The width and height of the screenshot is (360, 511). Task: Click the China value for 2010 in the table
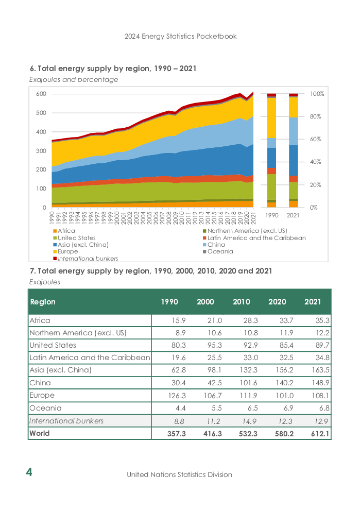[249, 383]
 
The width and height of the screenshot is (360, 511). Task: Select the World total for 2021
[320, 434]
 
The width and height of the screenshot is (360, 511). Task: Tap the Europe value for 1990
[177, 396]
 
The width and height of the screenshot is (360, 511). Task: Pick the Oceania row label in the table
[46, 408]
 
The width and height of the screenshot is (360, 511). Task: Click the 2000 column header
[205, 302]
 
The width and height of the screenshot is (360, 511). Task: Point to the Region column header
[43, 302]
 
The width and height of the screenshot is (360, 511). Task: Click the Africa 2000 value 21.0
[214, 321]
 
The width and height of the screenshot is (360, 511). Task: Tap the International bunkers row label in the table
[66, 421]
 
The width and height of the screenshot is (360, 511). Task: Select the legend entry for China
[214, 245]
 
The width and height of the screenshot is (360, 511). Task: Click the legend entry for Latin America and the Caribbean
[254, 238]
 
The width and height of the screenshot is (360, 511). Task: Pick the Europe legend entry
[65, 251]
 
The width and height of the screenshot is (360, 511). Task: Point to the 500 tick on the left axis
[41, 113]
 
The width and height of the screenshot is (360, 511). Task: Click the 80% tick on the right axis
[315, 116]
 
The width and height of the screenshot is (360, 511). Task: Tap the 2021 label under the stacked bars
[293, 215]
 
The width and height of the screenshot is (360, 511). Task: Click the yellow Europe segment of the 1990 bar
[272, 117]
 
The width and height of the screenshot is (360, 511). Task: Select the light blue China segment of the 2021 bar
[293, 131]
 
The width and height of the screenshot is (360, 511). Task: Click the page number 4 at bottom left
[29, 472]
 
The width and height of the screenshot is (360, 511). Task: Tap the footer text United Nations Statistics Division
[180, 474]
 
